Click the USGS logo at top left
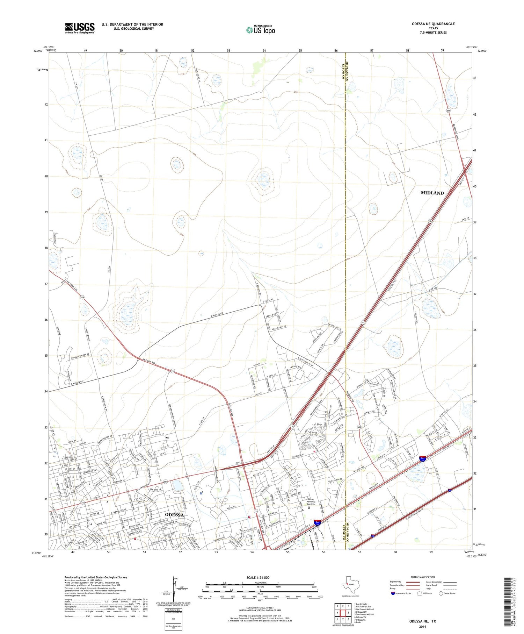[80, 28]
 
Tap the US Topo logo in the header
[260, 30]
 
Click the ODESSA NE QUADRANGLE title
[433, 24]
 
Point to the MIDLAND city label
[432, 193]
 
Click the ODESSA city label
[174, 515]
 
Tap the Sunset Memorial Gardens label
[309, 501]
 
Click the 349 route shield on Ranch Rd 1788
[447, 111]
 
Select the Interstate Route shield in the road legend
[393, 593]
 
